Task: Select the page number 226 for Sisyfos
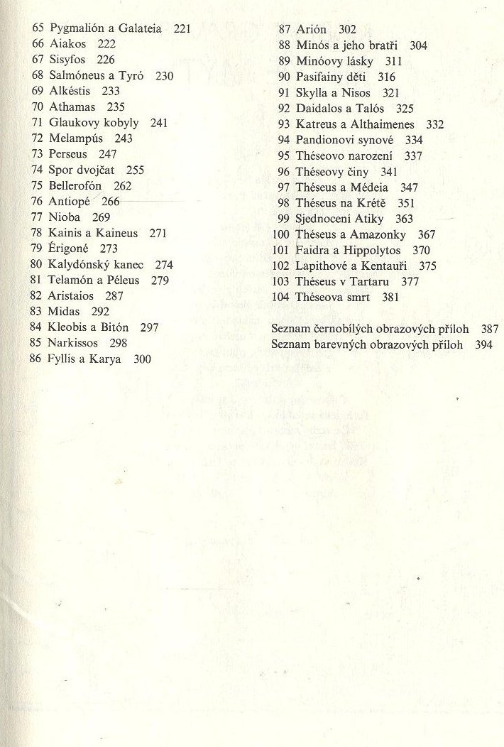tap(106, 60)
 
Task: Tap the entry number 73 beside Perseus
tap(38, 154)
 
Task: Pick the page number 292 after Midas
tap(100, 311)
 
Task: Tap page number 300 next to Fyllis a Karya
tap(142, 359)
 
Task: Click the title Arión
tap(311, 30)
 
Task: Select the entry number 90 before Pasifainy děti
tap(284, 77)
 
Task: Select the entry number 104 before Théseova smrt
tap(280, 298)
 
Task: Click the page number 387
tap(490, 329)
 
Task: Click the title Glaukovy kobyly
tap(94, 122)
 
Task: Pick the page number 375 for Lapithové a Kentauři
tap(427, 266)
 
